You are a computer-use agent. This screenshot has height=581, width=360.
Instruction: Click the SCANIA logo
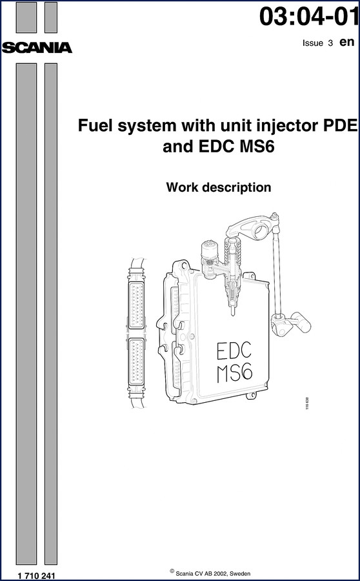pos(37,48)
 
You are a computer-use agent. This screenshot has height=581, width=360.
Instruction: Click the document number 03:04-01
pos(309,17)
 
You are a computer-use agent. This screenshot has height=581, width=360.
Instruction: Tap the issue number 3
pos(330,43)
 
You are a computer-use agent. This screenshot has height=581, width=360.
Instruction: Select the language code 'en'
pos(347,42)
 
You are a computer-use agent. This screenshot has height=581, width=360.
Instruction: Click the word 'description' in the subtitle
pos(234,188)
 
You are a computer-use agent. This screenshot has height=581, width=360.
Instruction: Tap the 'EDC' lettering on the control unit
pos(234,351)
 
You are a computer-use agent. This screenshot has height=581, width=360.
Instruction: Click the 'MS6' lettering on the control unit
pos(234,374)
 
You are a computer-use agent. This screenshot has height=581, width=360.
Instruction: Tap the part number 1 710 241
pos(36,575)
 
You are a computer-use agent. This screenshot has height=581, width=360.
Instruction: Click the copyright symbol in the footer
pos(172,571)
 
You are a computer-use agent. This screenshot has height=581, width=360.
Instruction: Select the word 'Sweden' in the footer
pos(241,574)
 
